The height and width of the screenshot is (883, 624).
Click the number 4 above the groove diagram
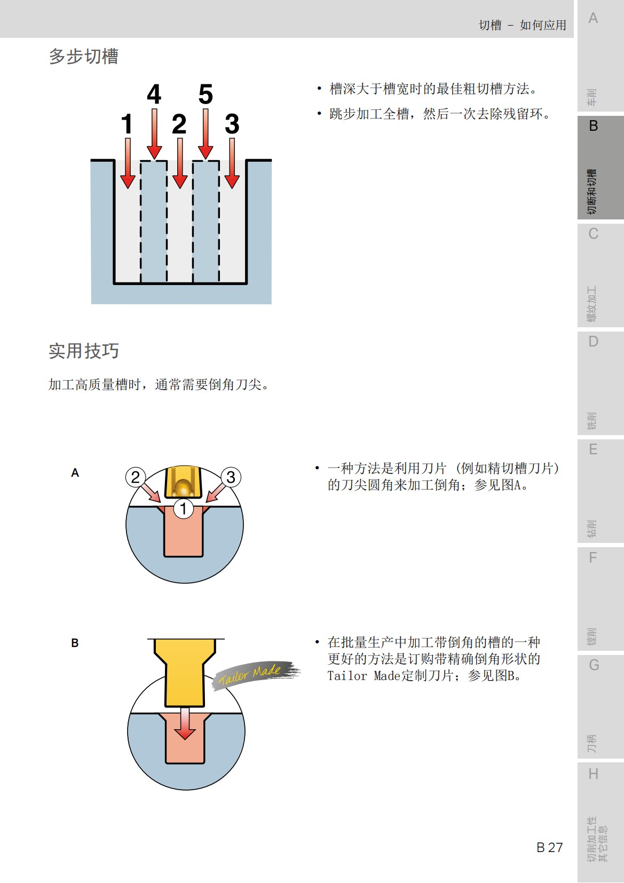154,94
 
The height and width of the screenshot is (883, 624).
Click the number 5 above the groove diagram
206,94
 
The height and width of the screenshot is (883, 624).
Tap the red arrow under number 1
128,163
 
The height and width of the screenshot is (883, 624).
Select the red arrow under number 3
232,163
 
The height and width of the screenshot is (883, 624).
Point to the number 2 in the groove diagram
179,124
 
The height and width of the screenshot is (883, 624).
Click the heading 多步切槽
84,57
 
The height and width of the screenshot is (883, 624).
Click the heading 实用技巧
84,351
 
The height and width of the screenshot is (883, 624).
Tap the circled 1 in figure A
183,508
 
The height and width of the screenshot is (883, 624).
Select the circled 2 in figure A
136,477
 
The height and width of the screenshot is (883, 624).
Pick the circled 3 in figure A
231,477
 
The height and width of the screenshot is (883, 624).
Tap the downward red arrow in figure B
185,723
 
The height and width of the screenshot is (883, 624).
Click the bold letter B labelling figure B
75,643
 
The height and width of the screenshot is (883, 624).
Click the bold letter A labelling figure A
75,473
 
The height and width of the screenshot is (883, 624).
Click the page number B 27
549,847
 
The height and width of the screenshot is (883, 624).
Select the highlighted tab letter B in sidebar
593,126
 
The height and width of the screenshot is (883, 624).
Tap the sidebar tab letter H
593,774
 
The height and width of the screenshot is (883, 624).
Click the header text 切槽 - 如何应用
522,25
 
